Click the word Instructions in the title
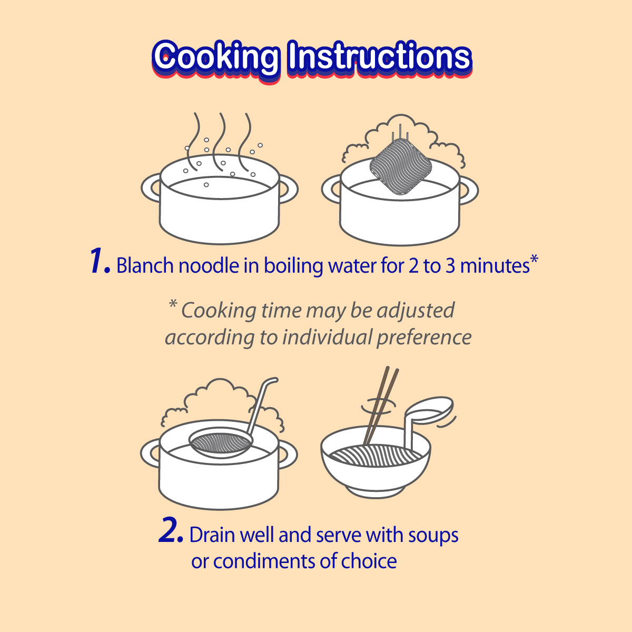tap(380, 56)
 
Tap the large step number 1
tap(100, 261)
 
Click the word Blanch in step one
tap(145, 265)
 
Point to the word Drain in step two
tap(212, 535)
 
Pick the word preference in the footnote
tap(424, 338)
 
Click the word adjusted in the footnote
tap(416, 310)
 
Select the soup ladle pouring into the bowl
tap(427, 416)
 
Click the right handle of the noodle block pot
tap(469, 190)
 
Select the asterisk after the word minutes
tap(534, 258)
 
